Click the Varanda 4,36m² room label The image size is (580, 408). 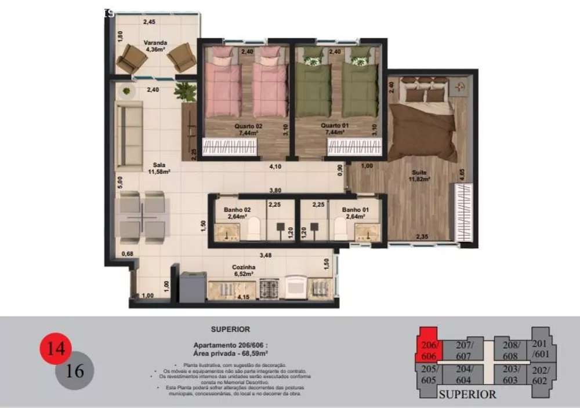point(157,46)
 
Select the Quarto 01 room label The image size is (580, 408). point(335,129)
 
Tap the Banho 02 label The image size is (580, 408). point(237,213)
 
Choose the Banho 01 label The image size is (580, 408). point(353,213)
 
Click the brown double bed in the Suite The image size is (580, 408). point(422,125)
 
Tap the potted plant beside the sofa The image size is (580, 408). point(186,92)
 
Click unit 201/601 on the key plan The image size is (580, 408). point(540,349)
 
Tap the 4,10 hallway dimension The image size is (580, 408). point(275,167)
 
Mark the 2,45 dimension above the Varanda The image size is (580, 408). point(150,22)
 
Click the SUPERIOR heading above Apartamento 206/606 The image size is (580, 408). point(230,329)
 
